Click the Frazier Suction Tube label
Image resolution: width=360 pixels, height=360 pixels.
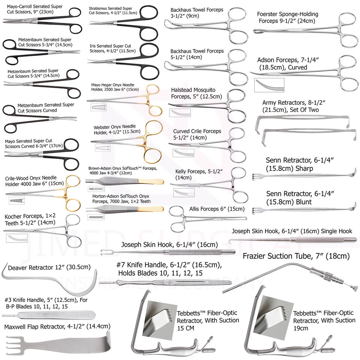[x=296, y=256]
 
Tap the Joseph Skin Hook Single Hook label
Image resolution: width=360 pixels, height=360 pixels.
[x=292, y=231]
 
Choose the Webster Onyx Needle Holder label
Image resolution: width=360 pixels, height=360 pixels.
[x=115, y=129]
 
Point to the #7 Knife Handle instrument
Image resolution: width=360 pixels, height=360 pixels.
[x=165, y=282]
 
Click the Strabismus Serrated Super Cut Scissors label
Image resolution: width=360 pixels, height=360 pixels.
[x=111, y=11]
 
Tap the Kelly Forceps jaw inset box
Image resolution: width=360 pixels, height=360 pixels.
[x=183, y=192]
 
